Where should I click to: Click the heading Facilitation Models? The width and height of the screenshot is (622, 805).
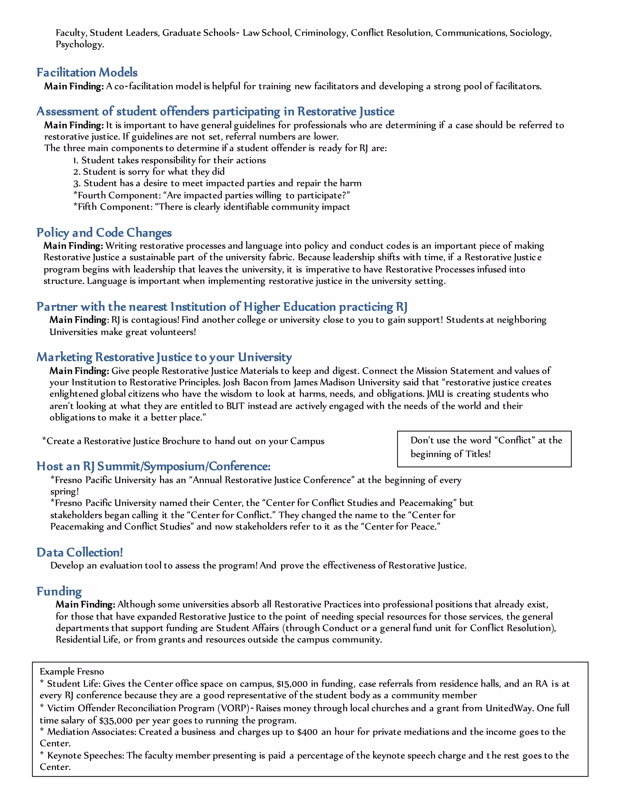[x=87, y=73]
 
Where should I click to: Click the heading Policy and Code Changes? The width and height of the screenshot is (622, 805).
[x=104, y=233]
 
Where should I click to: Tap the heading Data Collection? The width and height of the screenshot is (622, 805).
[x=80, y=552]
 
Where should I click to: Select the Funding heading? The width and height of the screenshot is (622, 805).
[x=59, y=591]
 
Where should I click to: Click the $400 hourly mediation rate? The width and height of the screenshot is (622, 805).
[x=307, y=732]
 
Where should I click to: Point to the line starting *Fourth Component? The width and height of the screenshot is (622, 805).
[x=211, y=195]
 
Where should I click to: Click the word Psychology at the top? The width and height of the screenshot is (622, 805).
[x=79, y=45]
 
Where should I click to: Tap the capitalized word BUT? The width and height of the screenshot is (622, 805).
[x=235, y=406]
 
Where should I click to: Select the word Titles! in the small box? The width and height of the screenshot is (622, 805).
[x=477, y=454]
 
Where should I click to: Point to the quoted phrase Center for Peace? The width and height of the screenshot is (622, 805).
[x=402, y=527]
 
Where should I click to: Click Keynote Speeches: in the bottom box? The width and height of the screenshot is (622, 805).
[x=87, y=755]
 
